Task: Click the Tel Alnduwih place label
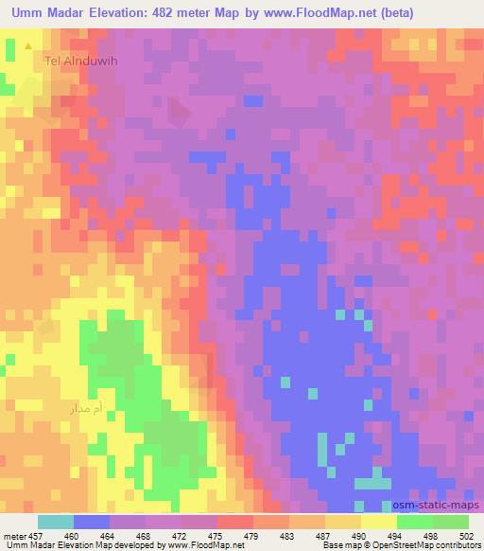(78, 61)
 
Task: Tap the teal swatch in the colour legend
(56, 522)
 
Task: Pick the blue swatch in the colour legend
(92, 522)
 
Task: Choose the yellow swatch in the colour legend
(379, 522)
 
